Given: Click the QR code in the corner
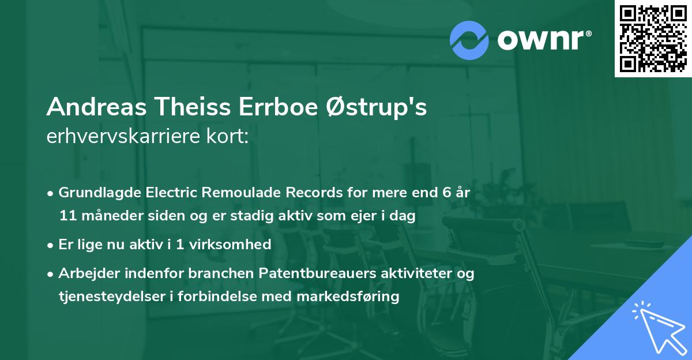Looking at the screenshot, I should tap(653, 39).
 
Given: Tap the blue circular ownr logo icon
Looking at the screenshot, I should tap(469, 40).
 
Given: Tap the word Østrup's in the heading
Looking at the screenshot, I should tap(377, 107).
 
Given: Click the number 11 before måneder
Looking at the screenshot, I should tap(67, 216).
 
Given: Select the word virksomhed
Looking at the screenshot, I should tap(236, 245).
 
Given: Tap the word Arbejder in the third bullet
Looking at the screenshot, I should tap(85, 273).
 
